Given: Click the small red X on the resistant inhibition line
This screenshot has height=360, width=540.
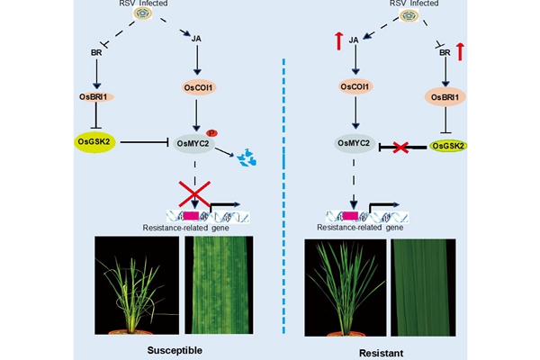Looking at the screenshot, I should tap(399, 145).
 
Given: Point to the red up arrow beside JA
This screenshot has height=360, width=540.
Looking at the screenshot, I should tap(336, 39).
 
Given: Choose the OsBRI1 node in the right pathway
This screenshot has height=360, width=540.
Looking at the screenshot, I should tap(453, 96).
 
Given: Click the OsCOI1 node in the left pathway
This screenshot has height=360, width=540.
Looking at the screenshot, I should tap(193, 87).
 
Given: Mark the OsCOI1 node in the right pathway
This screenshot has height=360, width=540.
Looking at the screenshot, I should tap(356, 87).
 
